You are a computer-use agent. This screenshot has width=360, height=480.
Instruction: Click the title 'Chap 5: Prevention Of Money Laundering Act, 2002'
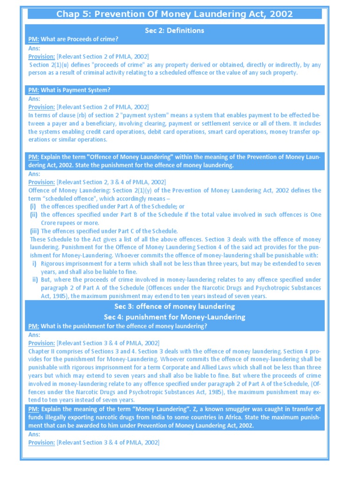click(x=174, y=14)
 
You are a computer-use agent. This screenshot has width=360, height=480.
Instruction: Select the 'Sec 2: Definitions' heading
click(x=174, y=30)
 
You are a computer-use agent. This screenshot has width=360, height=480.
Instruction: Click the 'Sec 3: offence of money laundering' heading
click(x=174, y=307)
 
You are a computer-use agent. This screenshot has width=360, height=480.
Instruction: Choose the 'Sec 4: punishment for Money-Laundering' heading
click(x=174, y=317)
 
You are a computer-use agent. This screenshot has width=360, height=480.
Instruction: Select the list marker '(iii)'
click(x=34, y=231)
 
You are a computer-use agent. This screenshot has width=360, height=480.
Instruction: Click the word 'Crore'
click(x=50, y=223)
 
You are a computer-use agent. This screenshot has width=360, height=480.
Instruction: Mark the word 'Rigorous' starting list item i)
click(x=53, y=263)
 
